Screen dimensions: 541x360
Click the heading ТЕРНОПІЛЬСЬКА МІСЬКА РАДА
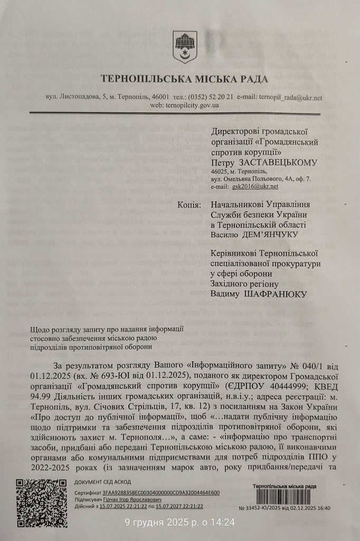point(185,80)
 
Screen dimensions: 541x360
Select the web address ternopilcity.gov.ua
point(192,105)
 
